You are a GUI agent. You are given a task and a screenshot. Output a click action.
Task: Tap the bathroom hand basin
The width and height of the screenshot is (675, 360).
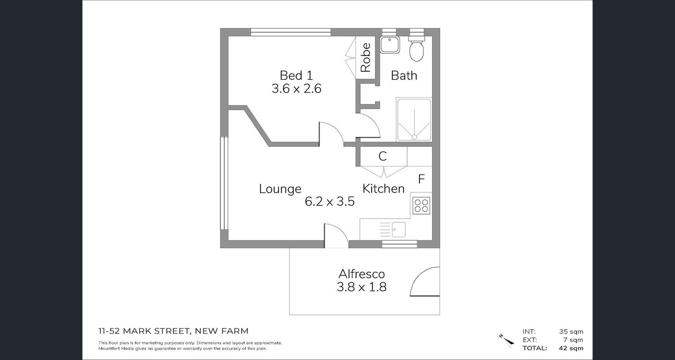(390, 45)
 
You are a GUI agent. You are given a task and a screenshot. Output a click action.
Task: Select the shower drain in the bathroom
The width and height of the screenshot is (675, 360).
(414, 137)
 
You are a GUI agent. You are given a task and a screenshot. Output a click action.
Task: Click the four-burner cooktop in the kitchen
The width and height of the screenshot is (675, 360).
(421, 206)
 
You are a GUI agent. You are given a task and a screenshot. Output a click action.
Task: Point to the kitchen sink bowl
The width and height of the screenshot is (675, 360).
(398, 229)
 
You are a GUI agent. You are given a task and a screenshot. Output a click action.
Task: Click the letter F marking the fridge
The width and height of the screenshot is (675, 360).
(421, 179)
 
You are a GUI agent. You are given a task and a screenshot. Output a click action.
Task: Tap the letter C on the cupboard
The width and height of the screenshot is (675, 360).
(382, 156)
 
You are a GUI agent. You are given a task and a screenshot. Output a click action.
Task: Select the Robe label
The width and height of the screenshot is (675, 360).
(365, 57)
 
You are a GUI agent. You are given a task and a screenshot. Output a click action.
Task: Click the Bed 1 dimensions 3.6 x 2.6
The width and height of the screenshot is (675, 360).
(297, 89)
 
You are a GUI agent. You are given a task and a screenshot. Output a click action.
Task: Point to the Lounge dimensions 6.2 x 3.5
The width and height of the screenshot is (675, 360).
(330, 201)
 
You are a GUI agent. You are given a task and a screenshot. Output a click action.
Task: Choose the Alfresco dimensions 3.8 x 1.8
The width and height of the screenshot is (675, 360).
(362, 287)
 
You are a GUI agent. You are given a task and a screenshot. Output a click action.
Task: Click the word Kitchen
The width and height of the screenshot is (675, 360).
(383, 189)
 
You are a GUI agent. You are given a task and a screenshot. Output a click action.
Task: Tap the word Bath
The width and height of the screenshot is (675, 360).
(404, 75)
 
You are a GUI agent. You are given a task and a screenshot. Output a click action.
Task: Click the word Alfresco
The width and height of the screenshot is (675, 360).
(362, 274)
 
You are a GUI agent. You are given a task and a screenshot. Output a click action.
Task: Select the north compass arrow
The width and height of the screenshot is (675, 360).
(507, 340)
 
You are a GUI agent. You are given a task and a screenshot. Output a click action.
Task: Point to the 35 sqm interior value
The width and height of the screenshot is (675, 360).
(571, 332)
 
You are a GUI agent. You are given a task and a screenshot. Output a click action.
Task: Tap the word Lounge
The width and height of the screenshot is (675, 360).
(280, 189)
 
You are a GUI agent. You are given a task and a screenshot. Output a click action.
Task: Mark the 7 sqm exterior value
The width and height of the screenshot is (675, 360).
(573, 340)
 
